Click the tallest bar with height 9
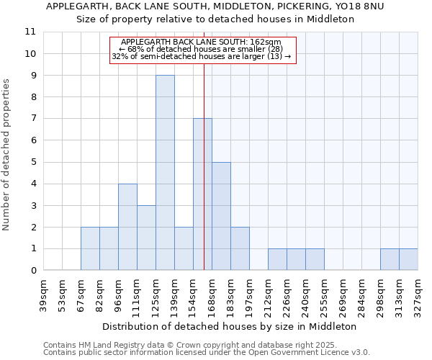point(165,173)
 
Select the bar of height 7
point(202,194)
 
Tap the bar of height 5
point(221,216)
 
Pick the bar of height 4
point(127,227)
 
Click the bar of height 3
point(146,238)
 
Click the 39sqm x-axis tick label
point(43,294)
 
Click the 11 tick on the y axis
point(30,32)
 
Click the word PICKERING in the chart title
point(284,6)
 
